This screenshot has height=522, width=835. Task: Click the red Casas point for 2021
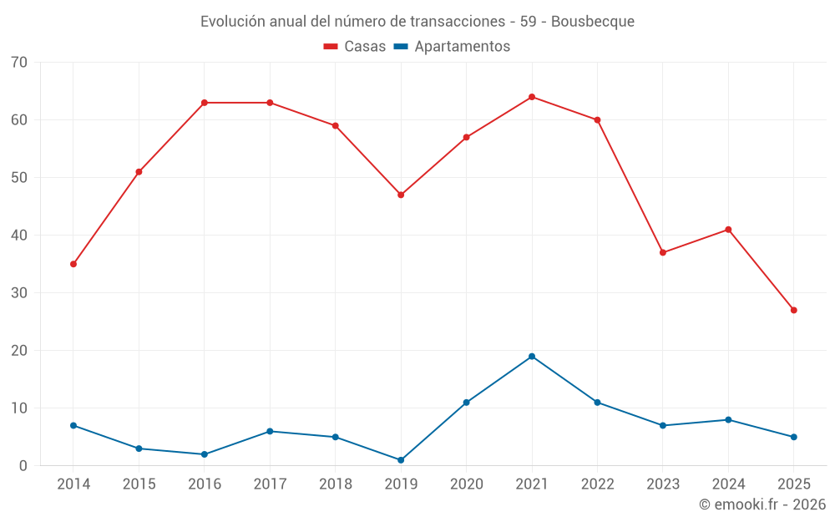(532, 97)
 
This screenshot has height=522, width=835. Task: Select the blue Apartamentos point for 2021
(532, 357)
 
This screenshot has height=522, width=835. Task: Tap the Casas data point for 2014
(73, 264)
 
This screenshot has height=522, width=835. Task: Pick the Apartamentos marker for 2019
(401, 460)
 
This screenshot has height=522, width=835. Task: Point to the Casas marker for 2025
(793, 310)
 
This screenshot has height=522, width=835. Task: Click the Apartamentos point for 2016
(205, 454)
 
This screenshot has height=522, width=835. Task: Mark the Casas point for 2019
(401, 195)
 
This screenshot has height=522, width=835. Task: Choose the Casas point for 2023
(663, 252)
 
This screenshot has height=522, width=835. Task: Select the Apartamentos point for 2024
(728, 420)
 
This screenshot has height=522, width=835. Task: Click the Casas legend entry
(355, 47)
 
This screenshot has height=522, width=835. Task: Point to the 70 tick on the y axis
(19, 63)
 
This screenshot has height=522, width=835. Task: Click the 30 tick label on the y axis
(19, 293)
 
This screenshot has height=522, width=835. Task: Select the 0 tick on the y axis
(23, 466)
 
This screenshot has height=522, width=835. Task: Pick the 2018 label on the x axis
(336, 484)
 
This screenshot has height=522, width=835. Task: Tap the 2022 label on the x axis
(597, 484)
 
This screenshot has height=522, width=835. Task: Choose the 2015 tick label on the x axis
(139, 484)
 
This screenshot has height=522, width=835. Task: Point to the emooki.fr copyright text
(762, 504)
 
